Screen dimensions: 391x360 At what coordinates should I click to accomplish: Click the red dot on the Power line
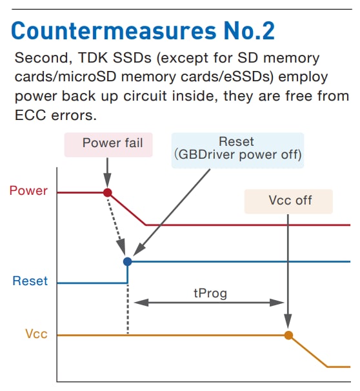pos(108,192)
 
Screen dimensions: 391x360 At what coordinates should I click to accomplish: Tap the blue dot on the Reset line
pos(128,261)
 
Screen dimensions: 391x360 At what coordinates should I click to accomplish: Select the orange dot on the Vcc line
pos(288,335)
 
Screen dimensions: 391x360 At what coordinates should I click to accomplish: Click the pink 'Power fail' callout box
pos(108,143)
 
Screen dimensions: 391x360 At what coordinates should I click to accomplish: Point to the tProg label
pos(210,292)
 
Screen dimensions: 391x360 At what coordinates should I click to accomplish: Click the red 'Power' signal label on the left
pos(28,191)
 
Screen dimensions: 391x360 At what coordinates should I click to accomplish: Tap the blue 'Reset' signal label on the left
pos(30,281)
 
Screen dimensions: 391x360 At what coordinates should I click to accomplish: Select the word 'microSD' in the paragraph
pos(145,77)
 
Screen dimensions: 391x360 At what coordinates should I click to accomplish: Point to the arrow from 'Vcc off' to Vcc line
pos(288,271)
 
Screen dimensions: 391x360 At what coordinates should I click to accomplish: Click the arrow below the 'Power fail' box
pos(108,170)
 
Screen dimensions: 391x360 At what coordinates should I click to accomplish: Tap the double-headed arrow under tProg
pos(210,302)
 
